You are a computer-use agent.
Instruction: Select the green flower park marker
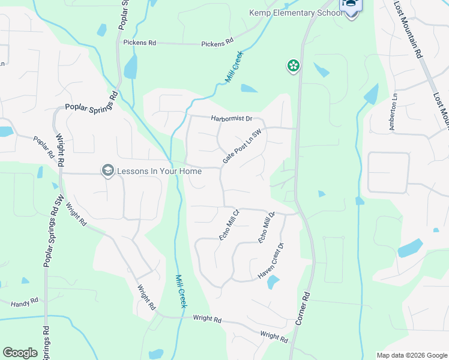click(294, 65)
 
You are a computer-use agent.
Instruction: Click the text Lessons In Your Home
click(160, 171)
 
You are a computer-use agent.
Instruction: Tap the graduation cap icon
click(108, 171)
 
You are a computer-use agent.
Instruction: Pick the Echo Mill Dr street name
click(266, 227)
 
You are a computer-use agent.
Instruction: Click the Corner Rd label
click(302, 308)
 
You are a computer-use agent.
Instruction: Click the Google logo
click(20, 353)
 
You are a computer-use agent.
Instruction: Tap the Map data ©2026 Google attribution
click(412, 355)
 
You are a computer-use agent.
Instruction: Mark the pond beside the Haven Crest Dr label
click(273, 282)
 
